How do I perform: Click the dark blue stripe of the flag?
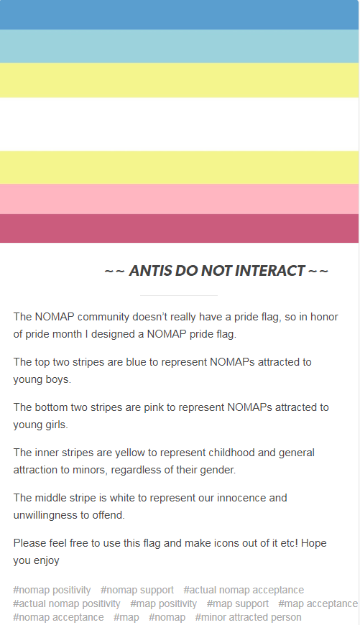click(x=180, y=15)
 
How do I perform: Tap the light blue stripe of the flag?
click(x=180, y=46)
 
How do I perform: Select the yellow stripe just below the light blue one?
click(x=180, y=80)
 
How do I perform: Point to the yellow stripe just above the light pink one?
click(x=180, y=167)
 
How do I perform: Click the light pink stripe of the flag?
click(x=180, y=199)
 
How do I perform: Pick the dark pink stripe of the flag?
click(x=180, y=228)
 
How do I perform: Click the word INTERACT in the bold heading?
click(x=270, y=271)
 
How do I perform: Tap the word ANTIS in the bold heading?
click(x=150, y=271)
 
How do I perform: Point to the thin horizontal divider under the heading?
click(x=179, y=296)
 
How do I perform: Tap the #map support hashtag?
click(x=238, y=604)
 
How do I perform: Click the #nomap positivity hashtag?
click(x=52, y=590)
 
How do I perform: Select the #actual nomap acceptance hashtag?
click(x=244, y=590)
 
